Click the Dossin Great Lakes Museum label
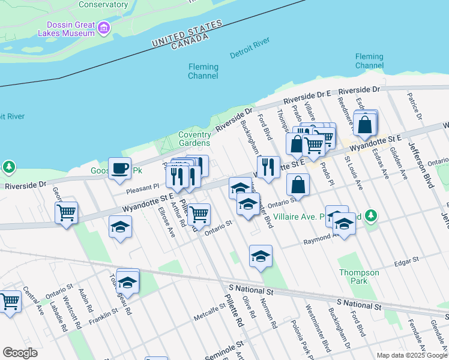coord(67,28)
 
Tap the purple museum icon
coord(104,28)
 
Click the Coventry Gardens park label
coord(194,139)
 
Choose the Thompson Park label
coord(359,277)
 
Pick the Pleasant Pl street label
coord(142,188)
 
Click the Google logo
coord(19,352)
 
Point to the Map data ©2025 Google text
coord(411,355)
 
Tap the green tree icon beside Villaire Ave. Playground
coord(371,215)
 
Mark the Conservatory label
coord(103,4)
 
